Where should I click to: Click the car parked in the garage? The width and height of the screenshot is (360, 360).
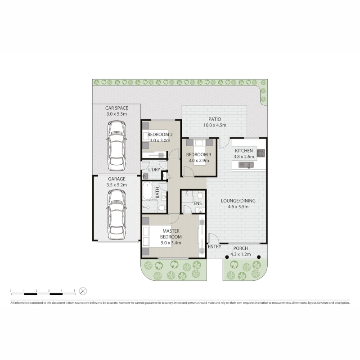coord(117,215)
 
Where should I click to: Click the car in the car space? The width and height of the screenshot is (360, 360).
coord(117,146)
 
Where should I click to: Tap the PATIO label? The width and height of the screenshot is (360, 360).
coord(215,119)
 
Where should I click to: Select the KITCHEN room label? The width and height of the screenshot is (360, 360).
coord(244,151)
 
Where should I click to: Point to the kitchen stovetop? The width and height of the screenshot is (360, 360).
coord(261,153)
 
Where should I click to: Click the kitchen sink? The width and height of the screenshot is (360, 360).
coord(246,165)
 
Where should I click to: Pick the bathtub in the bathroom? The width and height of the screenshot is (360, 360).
coord(147,191)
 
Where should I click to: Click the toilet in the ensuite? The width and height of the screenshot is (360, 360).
coord(200,195)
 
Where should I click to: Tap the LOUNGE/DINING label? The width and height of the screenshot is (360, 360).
coord(238,201)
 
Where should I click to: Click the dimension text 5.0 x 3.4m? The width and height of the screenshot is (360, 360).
coord(171,243)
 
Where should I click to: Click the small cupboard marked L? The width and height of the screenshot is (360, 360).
coord(164,176)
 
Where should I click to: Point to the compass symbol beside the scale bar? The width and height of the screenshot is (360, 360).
coord(83,291)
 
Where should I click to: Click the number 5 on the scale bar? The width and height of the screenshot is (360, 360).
coord(74,290)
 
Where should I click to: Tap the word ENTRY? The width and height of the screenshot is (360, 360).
coord(215,247)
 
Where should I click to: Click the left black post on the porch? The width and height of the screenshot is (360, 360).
coord(227,257)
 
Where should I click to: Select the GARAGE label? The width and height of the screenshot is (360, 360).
coord(117,179)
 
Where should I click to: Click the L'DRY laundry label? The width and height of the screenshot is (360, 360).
coord(154,170)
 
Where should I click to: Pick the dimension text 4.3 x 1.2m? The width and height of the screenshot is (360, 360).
coord(240,254)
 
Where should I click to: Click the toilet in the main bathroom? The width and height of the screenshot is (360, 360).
coord(162,208)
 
